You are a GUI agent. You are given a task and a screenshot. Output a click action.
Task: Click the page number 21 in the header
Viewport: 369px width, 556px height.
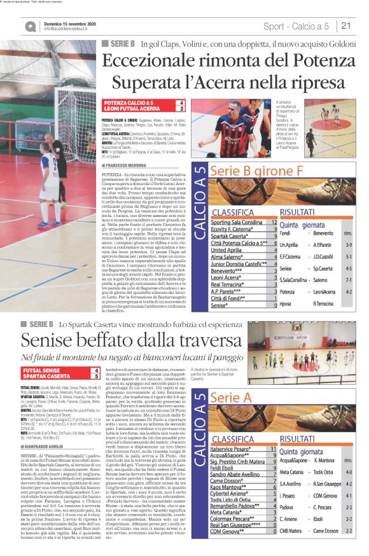[347, 26]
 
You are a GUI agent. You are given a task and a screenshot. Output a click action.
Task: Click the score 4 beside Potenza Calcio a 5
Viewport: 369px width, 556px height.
[182, 102]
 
